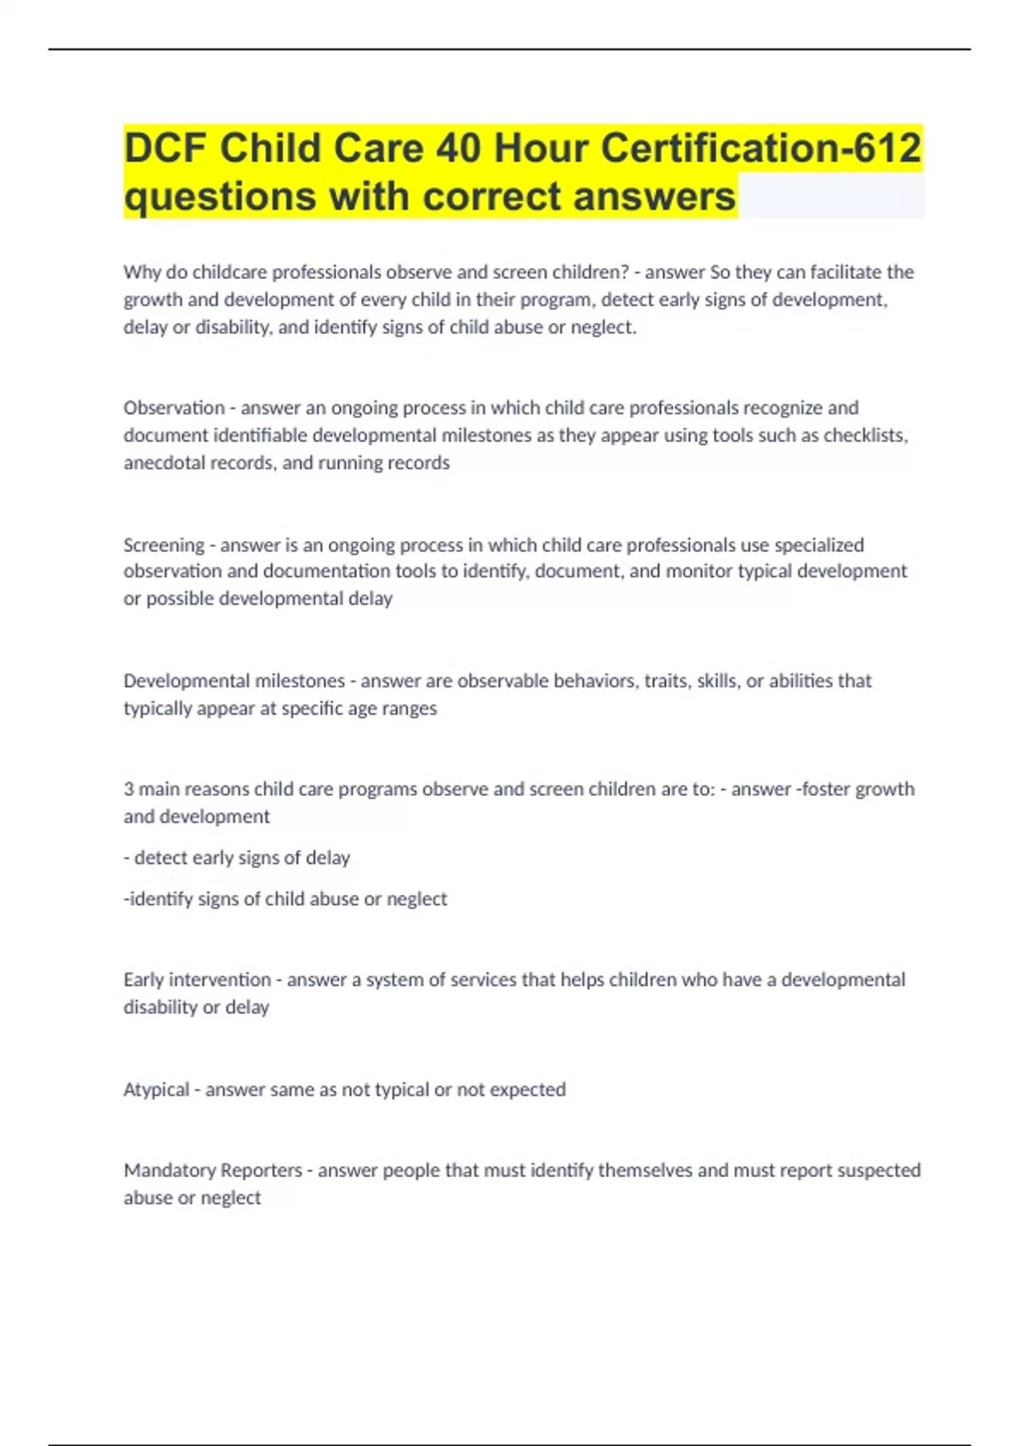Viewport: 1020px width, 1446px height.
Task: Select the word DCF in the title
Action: coord(165,148)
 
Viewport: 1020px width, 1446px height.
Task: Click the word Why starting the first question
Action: coord(141,272)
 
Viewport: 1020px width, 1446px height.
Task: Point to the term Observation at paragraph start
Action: coord(174,407)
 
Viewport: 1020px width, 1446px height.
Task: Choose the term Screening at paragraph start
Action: coord(164,544)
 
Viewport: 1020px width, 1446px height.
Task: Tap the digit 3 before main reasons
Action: coord(128,788)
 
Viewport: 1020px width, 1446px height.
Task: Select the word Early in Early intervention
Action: coord(144,979)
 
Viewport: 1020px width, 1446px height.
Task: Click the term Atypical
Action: coord(156,1089)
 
